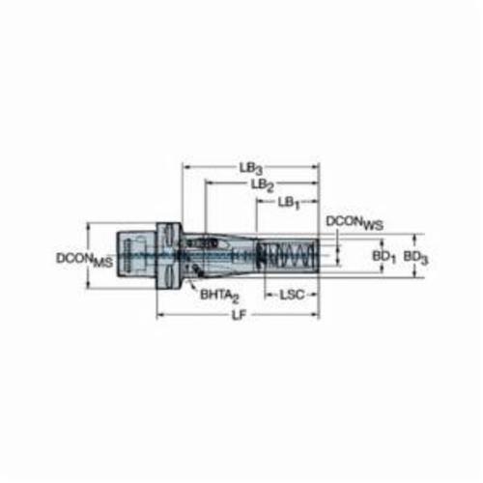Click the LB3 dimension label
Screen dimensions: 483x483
click(x=251, y=168)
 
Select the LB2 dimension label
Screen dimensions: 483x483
click(x=263, y=185)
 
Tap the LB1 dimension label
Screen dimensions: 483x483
click(x=289, y=203)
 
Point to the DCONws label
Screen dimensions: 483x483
click(x=355, y=223)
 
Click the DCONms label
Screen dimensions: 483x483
click(x=85, y=259)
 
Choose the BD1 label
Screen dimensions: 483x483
click(x=384, y=257)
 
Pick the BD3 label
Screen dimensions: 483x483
click(x=416, y=258)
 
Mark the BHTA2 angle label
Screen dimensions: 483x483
click(x=220, y=296)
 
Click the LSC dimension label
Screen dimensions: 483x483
click(x=292, y=295)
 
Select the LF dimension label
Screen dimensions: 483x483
click(x=239, y=316)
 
